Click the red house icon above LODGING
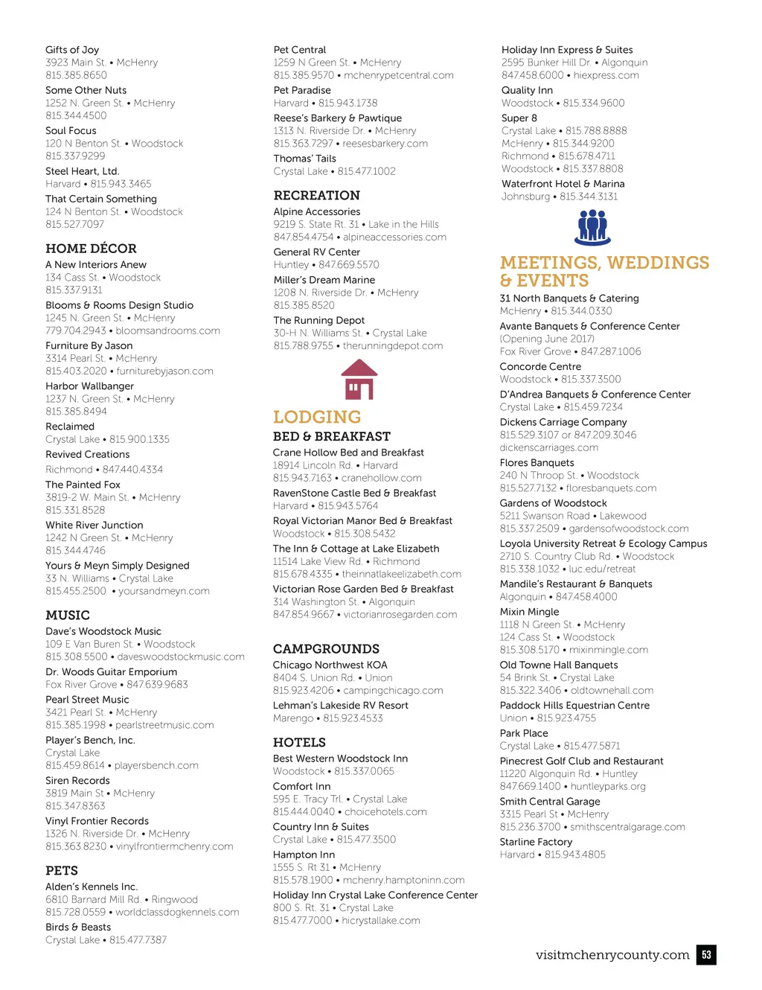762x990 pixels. pos(359,380)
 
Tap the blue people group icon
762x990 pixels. pos(592,227)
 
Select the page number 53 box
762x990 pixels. pos(706,955)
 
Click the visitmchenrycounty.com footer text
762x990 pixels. pos(612,955)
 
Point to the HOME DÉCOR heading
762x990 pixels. pos(91,249)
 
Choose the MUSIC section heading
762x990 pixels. pos(68,616)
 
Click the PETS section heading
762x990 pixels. pos(62,871)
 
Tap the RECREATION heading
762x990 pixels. pos(316,196)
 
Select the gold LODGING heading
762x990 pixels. pos(317,417)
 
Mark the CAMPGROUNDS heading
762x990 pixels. pos(326,649)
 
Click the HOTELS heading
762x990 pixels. pos(299,743)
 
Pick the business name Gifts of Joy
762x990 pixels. pos(72,50)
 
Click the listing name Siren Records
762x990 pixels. pos(77,781)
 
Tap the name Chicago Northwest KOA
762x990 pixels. pos(330,665)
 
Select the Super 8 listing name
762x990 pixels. pos(519,118)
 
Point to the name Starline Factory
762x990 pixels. pos(536,843)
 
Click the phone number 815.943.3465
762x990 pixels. pos(121,184)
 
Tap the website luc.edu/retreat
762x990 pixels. pos(602,569)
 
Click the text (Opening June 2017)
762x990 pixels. pos(547,339)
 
